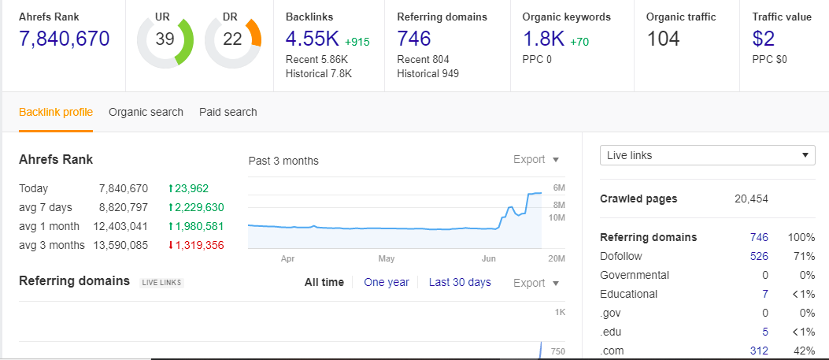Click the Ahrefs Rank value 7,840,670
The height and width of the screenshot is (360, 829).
point(65,39)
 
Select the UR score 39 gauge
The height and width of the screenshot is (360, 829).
point(164,39)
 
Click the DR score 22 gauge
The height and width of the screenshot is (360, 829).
point(232,39)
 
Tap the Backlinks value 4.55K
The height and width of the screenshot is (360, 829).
point(313,39)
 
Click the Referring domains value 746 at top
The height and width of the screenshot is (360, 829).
point(414,39)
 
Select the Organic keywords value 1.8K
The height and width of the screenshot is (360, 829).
point(544,39)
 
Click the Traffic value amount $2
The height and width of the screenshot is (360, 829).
point(764,39)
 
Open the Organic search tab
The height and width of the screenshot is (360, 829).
point(146,112)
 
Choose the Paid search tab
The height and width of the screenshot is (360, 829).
point(228,112)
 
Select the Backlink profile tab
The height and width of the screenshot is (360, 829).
point(56,112)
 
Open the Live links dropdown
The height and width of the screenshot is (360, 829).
point(707,155)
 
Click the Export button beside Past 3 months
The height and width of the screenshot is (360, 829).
point(535,160)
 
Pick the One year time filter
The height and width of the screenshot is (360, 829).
point(387,282)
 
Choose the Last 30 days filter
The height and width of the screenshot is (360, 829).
point(460,282)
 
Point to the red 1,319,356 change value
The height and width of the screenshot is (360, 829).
point(196,245)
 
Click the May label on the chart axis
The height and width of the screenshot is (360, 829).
point(387,258)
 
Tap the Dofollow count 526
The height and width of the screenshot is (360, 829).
point(759,256)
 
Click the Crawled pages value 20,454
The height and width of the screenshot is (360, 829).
point(751,199)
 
